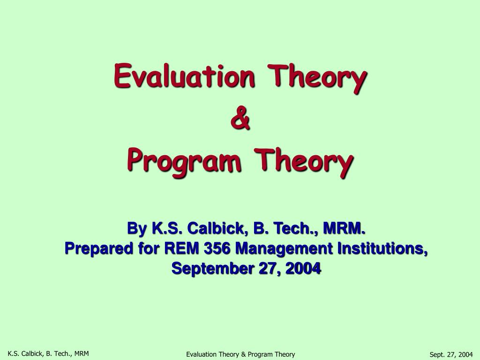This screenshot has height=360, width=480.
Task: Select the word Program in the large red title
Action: (183, 162)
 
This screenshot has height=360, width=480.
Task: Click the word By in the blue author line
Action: (136, 229)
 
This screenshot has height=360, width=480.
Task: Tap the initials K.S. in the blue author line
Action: (167, 229)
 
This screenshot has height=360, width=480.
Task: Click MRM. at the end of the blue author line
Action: (343, 229)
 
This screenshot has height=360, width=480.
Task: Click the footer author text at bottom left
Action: (48, 353)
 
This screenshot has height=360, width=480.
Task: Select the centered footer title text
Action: (240, 354)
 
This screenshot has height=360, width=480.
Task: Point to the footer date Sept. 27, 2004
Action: (451, 354)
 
